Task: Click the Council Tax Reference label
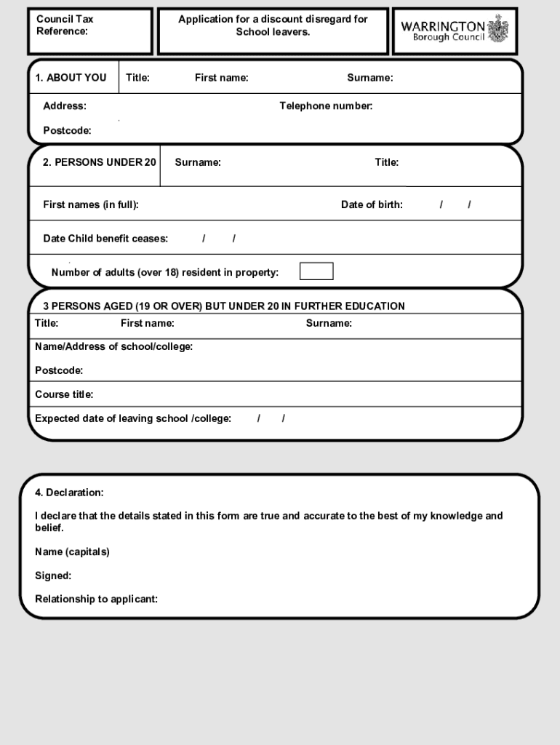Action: (x=65, y=25)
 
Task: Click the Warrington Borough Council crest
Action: (x=498, y=29)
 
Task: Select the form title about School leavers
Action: (x=273, y=25)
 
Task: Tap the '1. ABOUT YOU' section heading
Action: (x=75, y=78)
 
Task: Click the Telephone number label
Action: (x=326, y=106)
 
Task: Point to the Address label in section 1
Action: (x=64, y=106)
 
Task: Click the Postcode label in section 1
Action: (x=67, y=131)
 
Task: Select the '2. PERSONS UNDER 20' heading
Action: (x=99, y=162)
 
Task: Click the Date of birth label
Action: (x=372, y=204)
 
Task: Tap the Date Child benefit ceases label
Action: (x=105, y=239)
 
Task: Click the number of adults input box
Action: (x=316, y=271)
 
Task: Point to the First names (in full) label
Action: (x=91, y=204)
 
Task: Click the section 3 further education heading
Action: (x=223, y=306)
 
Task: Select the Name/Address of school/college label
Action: (x=113, y=346)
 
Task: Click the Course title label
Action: (x=64, y=394)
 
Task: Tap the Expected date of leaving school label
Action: (x=133, y=418)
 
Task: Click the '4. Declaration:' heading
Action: (x=69, y=493)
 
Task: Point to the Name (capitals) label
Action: (x=72, y=551)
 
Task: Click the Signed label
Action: (x=53, y=575)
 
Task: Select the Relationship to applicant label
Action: (x=96, y=599)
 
